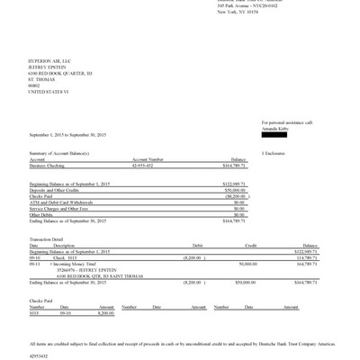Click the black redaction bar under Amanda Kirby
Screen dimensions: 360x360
pos(280,135)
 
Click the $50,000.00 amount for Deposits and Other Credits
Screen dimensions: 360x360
pos(233,189)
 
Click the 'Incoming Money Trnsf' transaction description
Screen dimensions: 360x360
pos(76,264)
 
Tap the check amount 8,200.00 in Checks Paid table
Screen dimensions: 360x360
pos(105,312)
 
